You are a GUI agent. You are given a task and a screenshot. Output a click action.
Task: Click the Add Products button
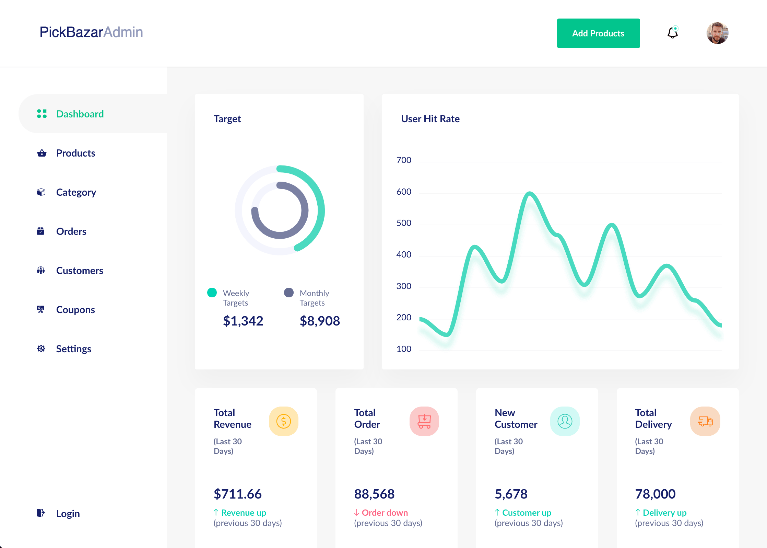598,33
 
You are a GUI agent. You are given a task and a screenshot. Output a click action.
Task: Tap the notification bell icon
672,33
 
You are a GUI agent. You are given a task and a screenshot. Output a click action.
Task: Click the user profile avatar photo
717,33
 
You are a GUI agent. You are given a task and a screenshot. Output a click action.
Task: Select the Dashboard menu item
80,114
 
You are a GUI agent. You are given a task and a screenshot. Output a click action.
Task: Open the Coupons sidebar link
75,310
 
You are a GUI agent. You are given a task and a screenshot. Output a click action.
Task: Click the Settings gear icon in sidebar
41,349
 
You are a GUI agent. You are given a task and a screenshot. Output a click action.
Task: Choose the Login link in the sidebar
68,514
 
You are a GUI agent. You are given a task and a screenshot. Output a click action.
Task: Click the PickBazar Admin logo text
91,32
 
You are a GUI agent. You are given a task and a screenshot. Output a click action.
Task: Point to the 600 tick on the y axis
404,192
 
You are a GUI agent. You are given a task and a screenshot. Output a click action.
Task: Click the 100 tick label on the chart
404,349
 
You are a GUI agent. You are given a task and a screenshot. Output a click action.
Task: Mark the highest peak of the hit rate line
530,194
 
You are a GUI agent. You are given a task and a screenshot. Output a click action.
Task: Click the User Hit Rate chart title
430,119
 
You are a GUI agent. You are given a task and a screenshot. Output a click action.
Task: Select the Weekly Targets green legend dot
212,293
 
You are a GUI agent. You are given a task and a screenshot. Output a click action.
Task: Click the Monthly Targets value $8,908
320,321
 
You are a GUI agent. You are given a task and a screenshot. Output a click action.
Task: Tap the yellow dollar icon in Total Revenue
283,421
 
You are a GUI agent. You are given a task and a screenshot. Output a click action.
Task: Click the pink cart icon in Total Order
424,421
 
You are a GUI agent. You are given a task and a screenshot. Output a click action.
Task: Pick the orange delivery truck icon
705,421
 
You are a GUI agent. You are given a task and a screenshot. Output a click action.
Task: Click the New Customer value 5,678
511,494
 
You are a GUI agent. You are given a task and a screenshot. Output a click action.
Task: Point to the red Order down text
384,513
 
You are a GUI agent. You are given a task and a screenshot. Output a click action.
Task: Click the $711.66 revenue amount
237,494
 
